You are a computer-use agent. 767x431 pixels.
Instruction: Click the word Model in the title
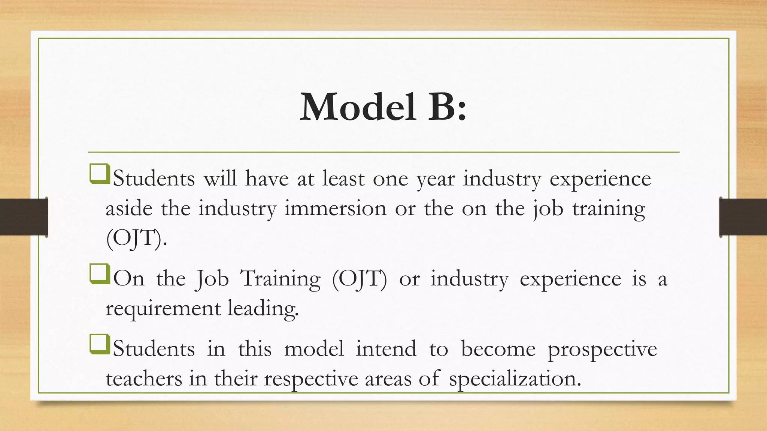click(x=358, y=107)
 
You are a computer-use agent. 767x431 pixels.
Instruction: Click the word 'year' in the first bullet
click(x=436, y=179)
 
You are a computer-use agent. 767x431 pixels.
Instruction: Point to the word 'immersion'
click(x=335, y=208)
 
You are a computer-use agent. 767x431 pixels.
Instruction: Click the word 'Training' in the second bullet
click(x=281, y=279)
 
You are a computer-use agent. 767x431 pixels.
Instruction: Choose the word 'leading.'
click(x=263, y=309)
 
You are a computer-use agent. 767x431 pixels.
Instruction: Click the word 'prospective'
click(x=602, y=349)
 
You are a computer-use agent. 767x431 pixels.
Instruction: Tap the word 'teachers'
click(x=144, y=379)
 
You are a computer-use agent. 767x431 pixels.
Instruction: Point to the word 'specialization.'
click(x=515, y=379)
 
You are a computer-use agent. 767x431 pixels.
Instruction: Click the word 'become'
click(x=498, y=349)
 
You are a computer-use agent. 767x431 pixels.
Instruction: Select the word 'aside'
click(x=129, y=208)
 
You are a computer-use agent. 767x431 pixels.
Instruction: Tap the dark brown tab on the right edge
click(x=743, y=217)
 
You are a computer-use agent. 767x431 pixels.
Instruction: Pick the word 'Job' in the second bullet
click(x=212, y=279)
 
